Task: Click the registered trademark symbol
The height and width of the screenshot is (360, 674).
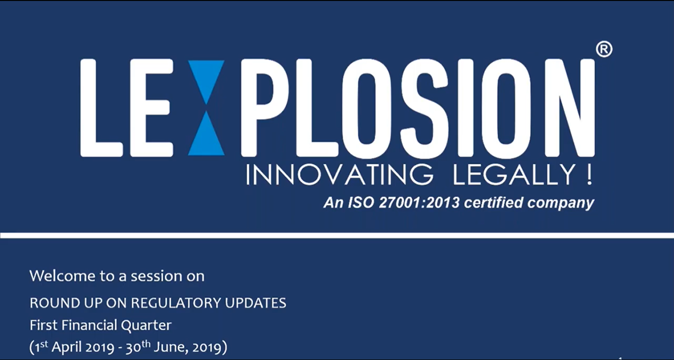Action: (604, 49)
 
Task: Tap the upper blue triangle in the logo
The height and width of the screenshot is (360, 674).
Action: (206, 78)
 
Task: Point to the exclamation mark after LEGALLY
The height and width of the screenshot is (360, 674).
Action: (589, 175)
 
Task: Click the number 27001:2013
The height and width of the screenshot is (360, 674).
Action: (419, 202)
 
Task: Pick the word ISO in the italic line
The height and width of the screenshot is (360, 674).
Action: (361, 202)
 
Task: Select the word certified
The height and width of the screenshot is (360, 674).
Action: (494, 202)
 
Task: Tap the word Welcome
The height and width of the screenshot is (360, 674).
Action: (62, 276)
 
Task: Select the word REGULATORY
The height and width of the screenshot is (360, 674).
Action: (176, 303)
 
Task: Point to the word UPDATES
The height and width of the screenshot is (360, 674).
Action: (256, 303)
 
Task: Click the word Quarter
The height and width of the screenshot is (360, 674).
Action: (146, 325)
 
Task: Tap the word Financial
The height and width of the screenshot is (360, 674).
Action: (89, 325)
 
